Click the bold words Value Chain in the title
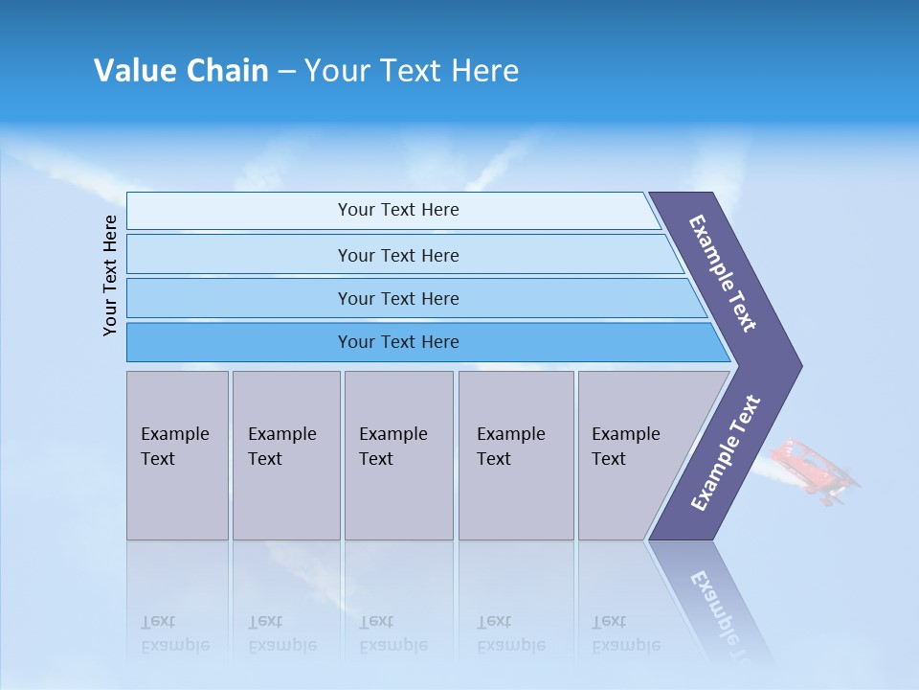point(181,71)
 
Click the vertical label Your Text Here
point(110,275)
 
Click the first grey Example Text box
point(177,455)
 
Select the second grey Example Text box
point(286,455)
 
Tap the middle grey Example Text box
point(398,455)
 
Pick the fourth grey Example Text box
point(516,455)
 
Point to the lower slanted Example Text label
point(725,453)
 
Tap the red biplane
point(814,470)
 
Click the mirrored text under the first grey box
point(174,633)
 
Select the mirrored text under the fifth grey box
point(625,633)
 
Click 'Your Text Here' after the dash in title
point(412,71)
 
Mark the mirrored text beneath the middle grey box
point(392,633)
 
